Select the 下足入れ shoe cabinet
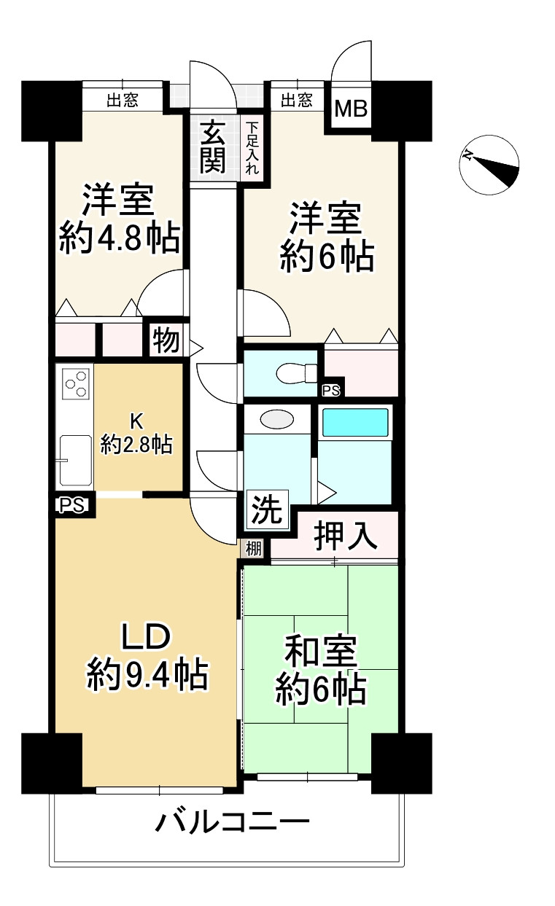pyautogui.click(x=252, y=147)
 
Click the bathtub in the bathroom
pyautogui.click(x=355, y=423)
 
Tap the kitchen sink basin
pyautogui.click(x=75, y=459)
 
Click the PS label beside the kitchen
pyautogui.click(x=70, y=504)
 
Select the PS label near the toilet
pyautogui.click(x=331, y=391)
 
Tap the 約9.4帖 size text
pyautogui.click(x=147, y=676)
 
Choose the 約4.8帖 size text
pyautogui.click(x=119, y=238)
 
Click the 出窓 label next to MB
pyautogui.click(x=297, y=100)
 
